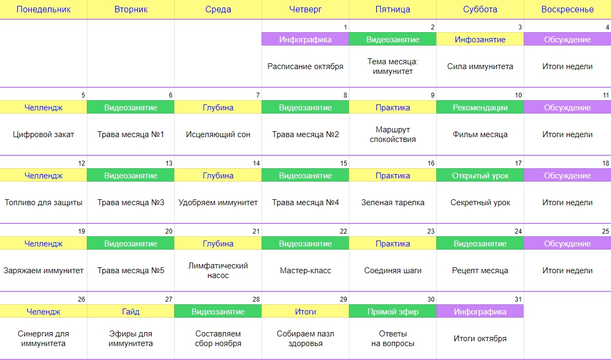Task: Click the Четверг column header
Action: (305, 9)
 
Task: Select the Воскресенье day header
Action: (568, 9)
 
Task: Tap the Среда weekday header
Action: (218, 9)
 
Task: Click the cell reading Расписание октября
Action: (305, 66)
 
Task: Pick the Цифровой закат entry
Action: (43, 134)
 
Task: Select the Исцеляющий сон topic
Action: (218, 134)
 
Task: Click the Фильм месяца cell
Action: (480, 134)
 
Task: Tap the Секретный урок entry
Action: (480, 202)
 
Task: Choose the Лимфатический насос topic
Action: (218, 271)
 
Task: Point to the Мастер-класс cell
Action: (305, 271)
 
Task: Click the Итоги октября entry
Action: (480, 339)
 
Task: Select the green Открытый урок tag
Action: (480, 175)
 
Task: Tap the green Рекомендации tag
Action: (480, 108)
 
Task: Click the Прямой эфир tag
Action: (393, 312)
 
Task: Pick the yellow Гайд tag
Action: (131, 312)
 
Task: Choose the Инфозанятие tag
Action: (480, 39)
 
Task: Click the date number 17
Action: (518, 163)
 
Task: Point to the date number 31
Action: (518, 299)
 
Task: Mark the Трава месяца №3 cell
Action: (131, 202)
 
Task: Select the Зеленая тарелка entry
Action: (393, 202)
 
